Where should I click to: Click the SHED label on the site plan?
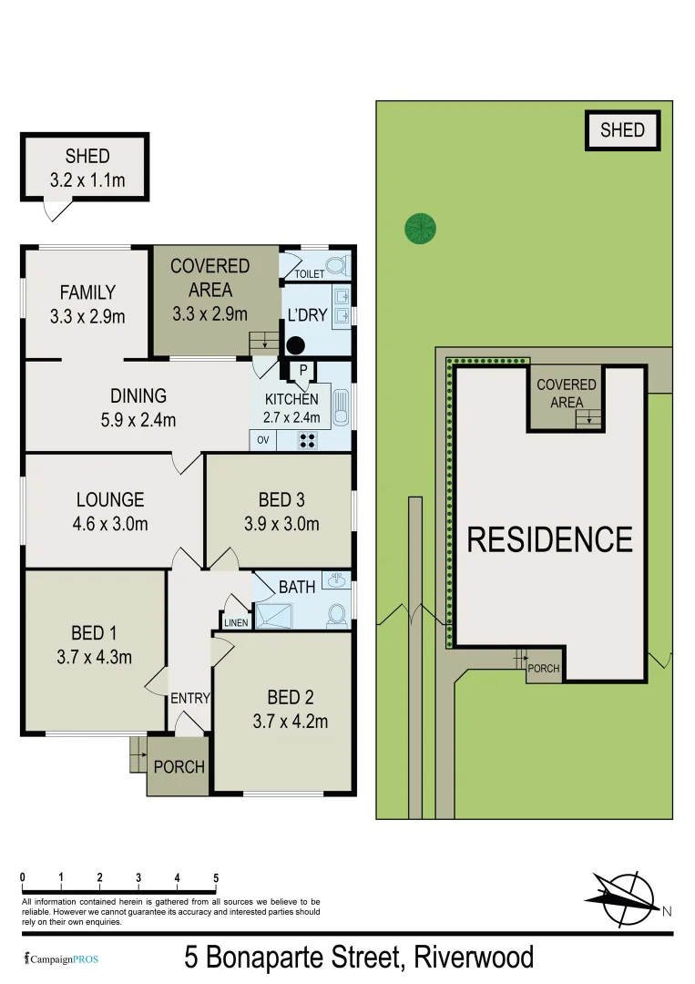coord(622,130)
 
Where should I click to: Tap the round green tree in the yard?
coord(420,228)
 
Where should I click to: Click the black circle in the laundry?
coord(296,345)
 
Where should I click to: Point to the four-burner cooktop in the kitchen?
coord(308,440)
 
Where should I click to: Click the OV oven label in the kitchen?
coord(263,440)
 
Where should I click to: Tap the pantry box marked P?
coord(300,370)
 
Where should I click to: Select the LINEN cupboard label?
coord(236,622)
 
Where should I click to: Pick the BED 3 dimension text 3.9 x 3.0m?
coord(281,524)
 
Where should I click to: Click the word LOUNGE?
coord(110,499)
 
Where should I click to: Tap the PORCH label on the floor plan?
coord(179,766)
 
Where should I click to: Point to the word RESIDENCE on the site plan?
coord(549,539)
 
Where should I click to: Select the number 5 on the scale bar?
coord(216,877)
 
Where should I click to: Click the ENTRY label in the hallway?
coord(190,699)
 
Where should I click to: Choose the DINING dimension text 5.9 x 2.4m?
coord(138,420)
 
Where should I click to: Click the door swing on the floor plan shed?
coord(58,210)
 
